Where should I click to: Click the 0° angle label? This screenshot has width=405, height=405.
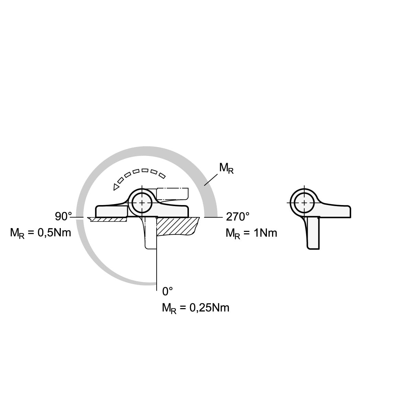tap(167, 291)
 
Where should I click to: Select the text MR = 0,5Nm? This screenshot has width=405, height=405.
tap(41, 233)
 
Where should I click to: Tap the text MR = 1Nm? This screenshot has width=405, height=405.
tap(251, 233)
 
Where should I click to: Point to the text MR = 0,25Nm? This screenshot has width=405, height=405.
tap(195, 308)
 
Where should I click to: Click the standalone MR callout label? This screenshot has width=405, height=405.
tap(226, 168)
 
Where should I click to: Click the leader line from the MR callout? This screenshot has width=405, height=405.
tap(211, 180)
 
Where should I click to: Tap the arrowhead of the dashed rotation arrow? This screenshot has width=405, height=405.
tap(116, 187)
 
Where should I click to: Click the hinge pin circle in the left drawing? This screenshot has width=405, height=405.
tap(142, 203)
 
